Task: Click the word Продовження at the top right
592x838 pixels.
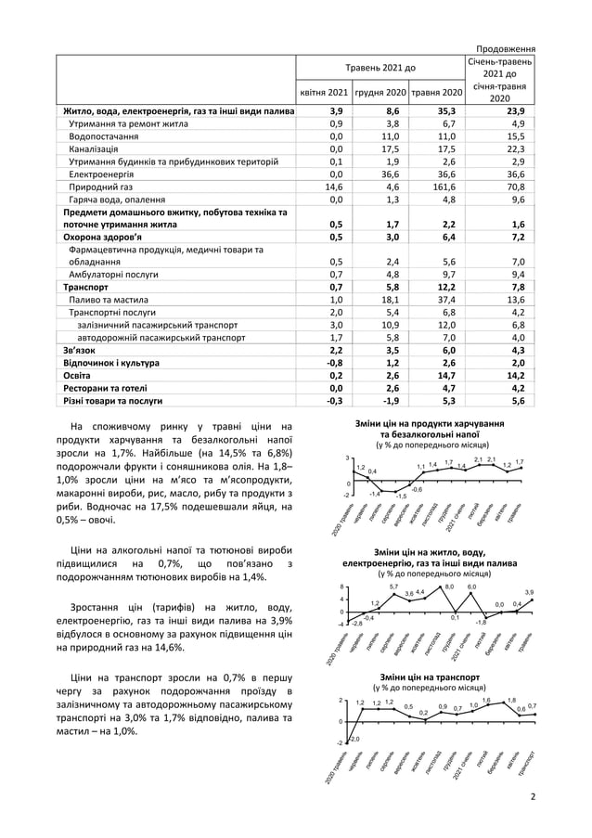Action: pyautogui.click(x=505, y=48)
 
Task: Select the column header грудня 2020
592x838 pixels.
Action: pyautogui.click(x=380, y=93)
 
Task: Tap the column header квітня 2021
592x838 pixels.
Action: pyautogui.click(x=324, y=93)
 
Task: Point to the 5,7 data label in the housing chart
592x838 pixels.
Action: pyautogui.click(x=393, y=587)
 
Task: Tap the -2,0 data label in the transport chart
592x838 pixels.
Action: pyautogui.click(x=354, y=738)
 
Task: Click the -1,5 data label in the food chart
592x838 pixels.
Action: pyautogui.click(x=401, y=496)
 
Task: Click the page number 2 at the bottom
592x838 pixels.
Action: pyautogui.click(x=533, y=796)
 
